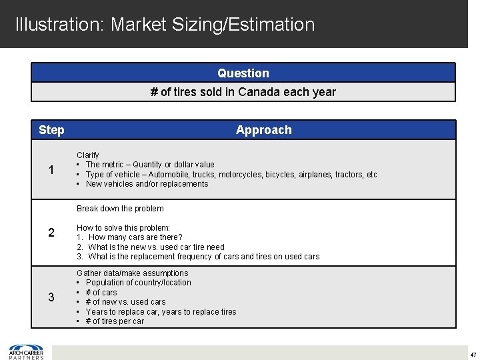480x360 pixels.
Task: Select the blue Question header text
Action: click(243, 73)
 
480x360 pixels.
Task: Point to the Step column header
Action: click(51, 130)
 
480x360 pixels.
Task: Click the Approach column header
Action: click(263, 130)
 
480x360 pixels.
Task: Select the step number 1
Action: click(51, 170)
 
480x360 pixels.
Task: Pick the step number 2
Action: click(51, 233)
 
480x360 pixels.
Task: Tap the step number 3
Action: click(51, 297)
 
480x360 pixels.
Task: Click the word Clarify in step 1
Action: click(87, 155)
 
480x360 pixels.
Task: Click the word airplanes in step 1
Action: click(315, 175)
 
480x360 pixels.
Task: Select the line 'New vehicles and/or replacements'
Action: click(147, 184)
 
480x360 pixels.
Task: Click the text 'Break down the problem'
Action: click(120, 209)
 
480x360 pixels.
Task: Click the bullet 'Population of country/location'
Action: click(138, 283)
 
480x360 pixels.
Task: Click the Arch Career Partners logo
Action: click(26, 351)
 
